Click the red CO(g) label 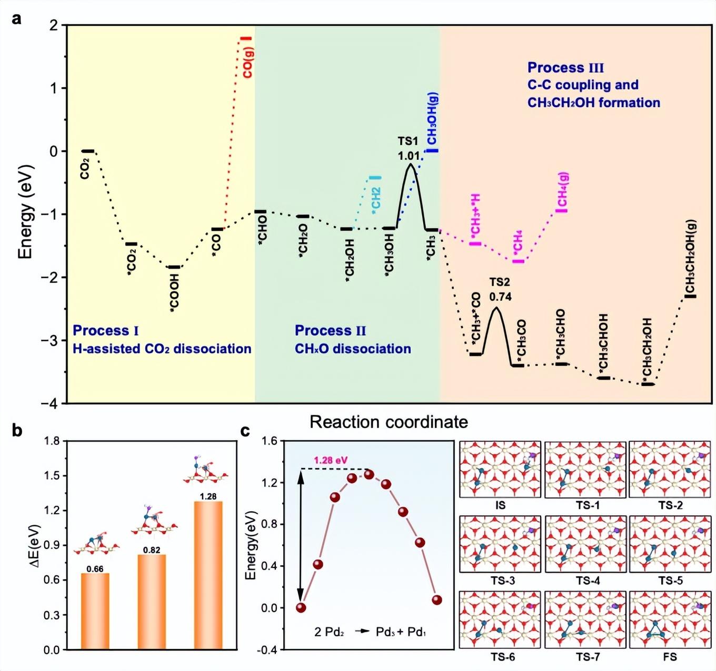click(x=248, y=64)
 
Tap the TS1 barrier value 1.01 click(x=409, y=156)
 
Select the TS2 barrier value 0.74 click(x=500, y=297)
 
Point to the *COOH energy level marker click(x=173, y=267)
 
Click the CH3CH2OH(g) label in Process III click(x=690, y=257)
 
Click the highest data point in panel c click(x=369, y=474)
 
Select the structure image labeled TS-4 click(x=585, y=544)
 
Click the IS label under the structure click(x=500, y=505)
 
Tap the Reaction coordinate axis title click(x=389, y=422)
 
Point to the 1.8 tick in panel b click(x=52, y=441)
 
